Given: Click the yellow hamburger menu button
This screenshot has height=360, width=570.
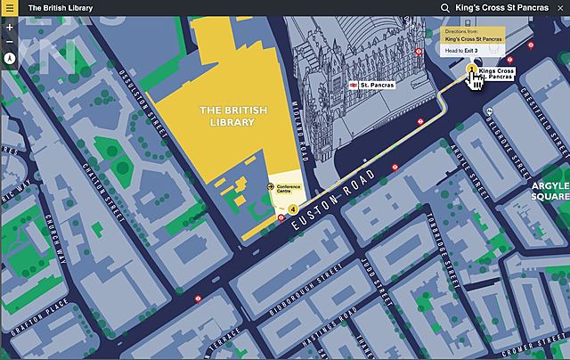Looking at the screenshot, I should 9,8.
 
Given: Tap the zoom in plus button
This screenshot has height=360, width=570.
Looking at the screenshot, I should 9,27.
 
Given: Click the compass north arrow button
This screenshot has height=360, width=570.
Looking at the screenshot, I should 9,58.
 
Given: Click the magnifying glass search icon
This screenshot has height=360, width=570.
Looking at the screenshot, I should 444,8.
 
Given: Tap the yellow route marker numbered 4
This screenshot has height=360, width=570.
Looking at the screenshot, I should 293,209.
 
